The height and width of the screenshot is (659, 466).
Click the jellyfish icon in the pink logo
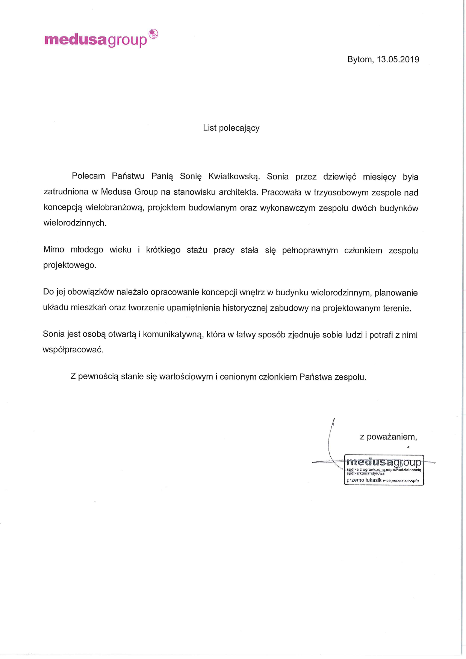pos(153,34)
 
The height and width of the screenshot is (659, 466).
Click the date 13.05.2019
pos(398,59)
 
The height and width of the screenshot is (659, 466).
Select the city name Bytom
pos(360,60)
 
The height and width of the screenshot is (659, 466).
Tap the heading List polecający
pos(231,128)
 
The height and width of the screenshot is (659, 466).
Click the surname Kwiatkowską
pos(234,177)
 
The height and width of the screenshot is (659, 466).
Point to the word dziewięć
pos(339,177)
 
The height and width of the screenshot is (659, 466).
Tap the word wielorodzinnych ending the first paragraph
pos(75,223)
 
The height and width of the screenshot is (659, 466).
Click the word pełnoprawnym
pos(310,251)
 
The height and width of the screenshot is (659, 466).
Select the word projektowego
pos(70,265)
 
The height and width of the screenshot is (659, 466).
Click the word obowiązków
pos(91,292)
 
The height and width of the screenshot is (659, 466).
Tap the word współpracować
pos(73,350)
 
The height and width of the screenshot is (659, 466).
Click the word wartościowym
pos(186,377)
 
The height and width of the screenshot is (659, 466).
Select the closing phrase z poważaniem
pos(388,437)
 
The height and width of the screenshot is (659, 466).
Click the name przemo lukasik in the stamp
pos(363,480)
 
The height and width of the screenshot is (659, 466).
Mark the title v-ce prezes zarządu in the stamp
pos(401,481)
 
